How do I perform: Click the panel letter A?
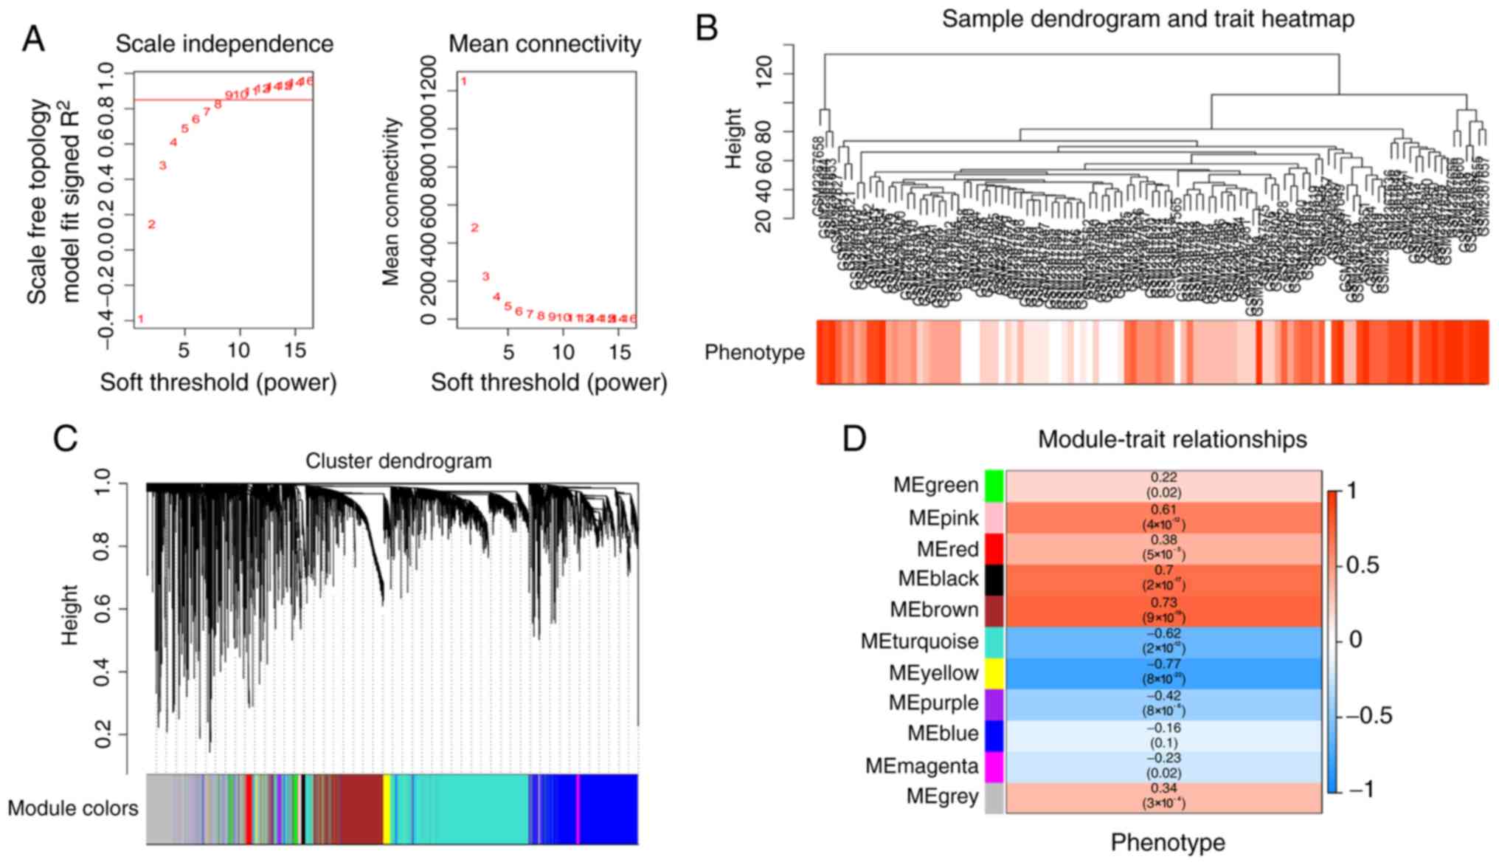[x=33, y=38]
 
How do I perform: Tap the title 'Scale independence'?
[x=224, y=44]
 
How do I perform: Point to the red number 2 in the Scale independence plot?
[x=151, y=224]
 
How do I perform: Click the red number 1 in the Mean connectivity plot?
[x=464, y=81]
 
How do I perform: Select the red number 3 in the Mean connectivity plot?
[x=485, y=277]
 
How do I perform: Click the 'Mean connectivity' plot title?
[x=544, y=44]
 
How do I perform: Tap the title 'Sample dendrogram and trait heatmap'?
[x=1148, y=18]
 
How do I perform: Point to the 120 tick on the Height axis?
[x=764, y=74]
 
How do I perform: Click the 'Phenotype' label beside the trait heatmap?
[x=754, y=353]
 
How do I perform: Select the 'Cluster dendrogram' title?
[x=398, y=461]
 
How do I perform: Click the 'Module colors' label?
[x=73, y=809]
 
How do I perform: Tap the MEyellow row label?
[x=933, y=673]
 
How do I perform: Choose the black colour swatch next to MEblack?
[x=994, y=579]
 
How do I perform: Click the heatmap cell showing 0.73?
[x=1163, y=610]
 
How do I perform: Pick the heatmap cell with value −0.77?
[x=1163, y=672]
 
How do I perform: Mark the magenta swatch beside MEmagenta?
[x=994, y=766]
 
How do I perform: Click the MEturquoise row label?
[x=919, y=641]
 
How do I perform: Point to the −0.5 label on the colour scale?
[x=1368, y=716]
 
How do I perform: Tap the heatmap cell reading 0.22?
[x=1163, y=486]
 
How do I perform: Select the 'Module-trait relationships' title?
[x=1172, y=440]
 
